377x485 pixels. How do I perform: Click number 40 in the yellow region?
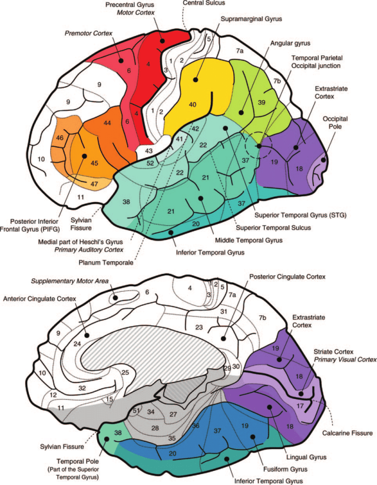(x=192, y=104)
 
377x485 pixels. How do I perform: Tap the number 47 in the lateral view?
(x=94, y=183)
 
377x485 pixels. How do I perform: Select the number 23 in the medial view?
(x=199, y=327)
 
